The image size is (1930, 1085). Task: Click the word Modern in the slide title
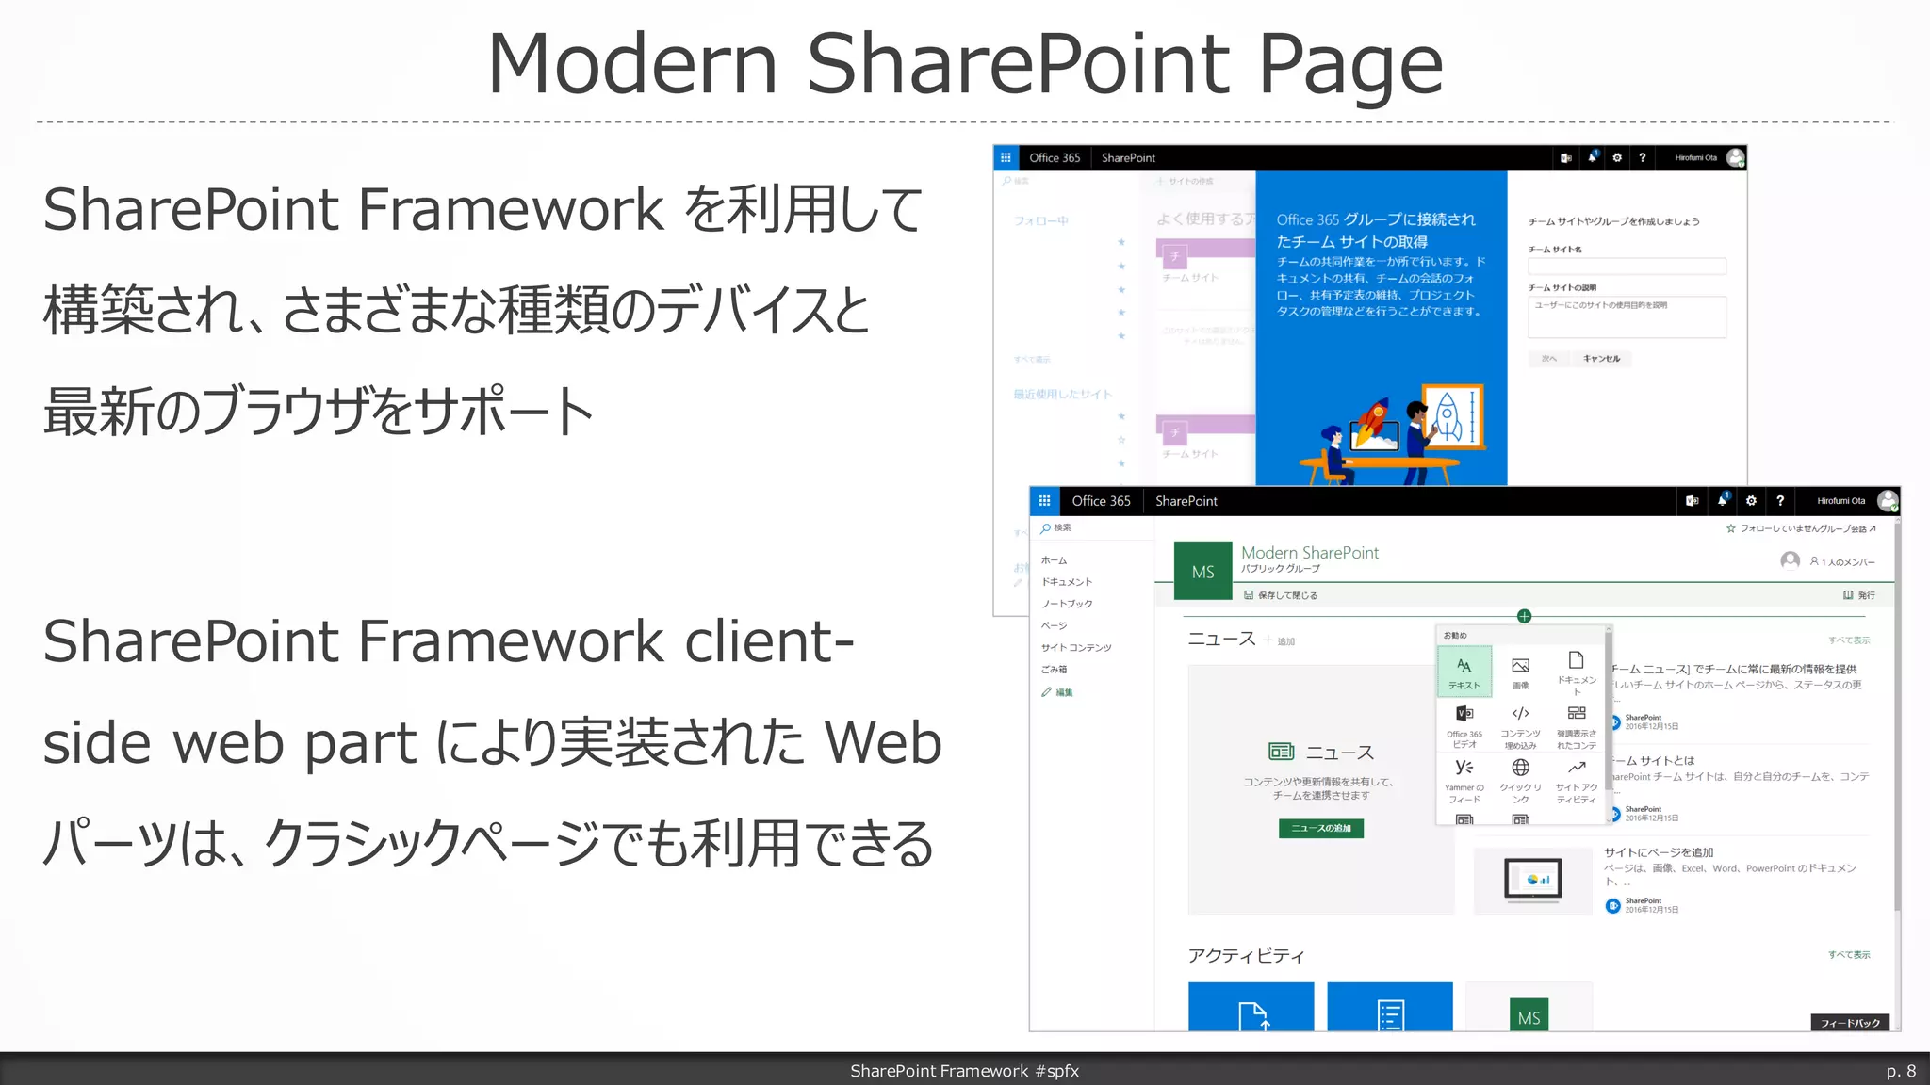[x=631, y=64]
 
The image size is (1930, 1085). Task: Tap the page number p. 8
[x=1900, y=1071]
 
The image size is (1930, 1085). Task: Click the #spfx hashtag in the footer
[x=1056, y=1071]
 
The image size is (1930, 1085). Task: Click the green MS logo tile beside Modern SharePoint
[x=1202, y=572]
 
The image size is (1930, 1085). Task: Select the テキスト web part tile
[x=1464, y=672]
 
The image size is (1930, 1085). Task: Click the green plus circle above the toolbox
[x=1524, y=616]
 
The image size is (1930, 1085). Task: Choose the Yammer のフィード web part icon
[x=1464, y=769]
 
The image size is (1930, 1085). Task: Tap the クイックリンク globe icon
[x=1520, y=769]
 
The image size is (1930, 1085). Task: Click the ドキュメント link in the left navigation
[x=1067, y=582]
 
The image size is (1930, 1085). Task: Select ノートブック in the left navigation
[x=1067, y=604]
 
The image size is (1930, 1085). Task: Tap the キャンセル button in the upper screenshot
[x=1601, y=359]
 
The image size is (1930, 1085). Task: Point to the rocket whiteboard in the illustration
[x=1451, y=415]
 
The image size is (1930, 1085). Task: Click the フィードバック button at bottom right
[x=1849, y=1023]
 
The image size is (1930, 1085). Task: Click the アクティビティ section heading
[x=1246, y=956]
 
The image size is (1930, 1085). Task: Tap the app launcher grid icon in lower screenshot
[x=1044, y=501]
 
